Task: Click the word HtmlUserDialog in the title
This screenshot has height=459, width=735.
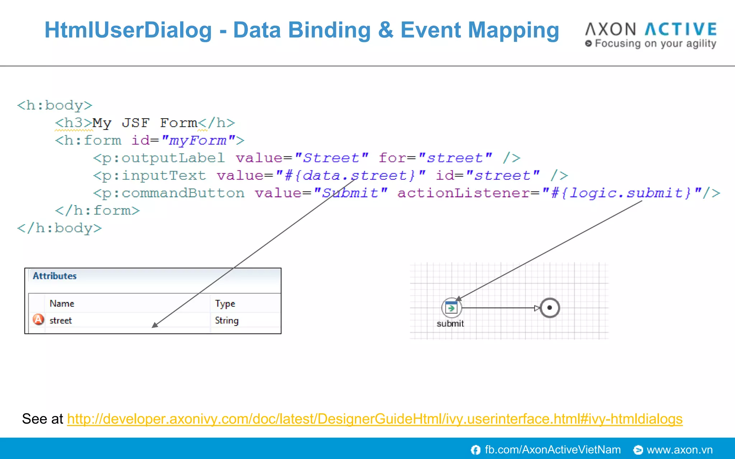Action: click(128, 30)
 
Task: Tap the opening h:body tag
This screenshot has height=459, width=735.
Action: click(55, 105)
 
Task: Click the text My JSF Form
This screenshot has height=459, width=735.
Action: click(145, 123)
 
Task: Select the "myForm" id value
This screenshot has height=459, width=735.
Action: click(198, 141)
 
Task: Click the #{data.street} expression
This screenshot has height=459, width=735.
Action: click(350, 176)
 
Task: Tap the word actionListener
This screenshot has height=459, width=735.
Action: click(463, 193)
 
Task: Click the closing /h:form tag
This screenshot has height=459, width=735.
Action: click(97, 210)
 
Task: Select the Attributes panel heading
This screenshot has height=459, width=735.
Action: click(55, 276)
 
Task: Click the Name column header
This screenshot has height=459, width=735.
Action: click(62, 303)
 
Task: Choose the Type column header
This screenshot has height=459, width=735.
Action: click(225, 304)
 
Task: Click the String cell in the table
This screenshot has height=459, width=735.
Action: click(226, 320)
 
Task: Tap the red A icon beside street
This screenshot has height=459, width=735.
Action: click(38, 319)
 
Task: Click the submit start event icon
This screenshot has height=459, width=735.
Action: click(451, 308)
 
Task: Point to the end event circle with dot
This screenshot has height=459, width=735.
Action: click(549, 308)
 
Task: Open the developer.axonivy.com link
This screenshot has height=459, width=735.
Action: click(375, 419)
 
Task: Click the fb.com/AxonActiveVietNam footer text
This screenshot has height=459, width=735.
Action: click(552, 450)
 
